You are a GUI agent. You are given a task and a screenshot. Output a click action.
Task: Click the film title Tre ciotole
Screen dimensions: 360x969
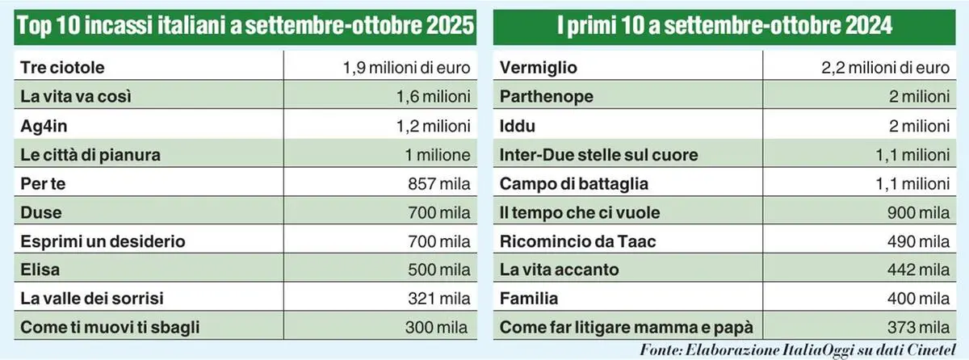click(62, 68)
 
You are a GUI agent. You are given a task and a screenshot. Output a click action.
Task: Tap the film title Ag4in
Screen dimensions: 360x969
click(46, 126)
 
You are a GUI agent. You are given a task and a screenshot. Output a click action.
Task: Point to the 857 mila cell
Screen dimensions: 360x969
click(439, 184)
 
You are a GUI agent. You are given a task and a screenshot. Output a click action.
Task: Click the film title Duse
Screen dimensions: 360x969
click(41, 213)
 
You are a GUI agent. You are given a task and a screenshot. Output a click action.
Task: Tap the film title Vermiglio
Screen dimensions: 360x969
click(539, 68)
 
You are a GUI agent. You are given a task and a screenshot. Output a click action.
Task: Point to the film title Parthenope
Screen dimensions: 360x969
click(547, 97)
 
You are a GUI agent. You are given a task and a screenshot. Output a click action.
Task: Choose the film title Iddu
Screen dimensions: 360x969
click(518, 126)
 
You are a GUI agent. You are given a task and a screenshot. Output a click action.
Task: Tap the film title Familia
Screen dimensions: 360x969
click(529, 299)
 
